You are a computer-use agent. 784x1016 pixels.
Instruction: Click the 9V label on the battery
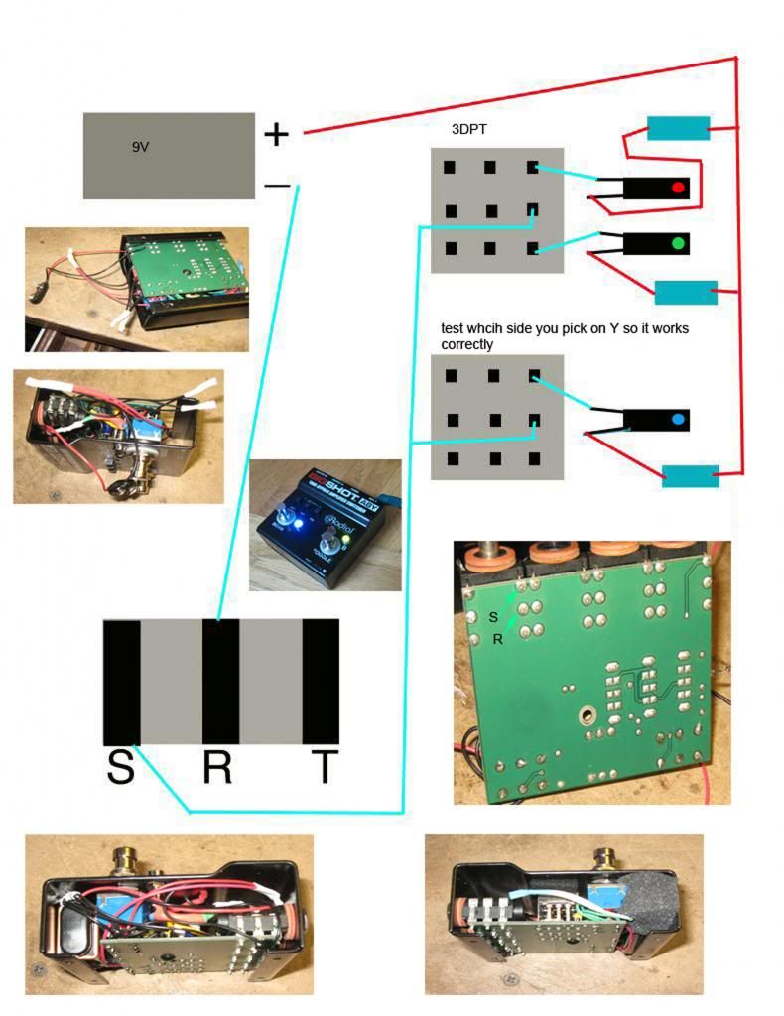pyautogui.click(x=140, y=147)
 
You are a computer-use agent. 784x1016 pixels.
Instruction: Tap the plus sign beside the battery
pyautogui.click(x=276, y=134)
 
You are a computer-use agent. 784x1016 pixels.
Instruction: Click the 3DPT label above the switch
pyautogui.click(x=468, y=129)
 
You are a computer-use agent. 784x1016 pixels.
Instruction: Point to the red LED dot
pyautogui.click(x=679, y=188)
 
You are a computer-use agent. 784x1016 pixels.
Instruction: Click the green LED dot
pyautogui.click(x=678, y=243)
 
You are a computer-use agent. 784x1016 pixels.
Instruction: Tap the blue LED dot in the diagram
pyautogui.click(x=678, y=421)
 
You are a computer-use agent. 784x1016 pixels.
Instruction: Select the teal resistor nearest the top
pyautogui.click(x=679, y=128)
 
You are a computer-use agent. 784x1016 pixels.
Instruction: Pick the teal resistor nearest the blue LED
pyautogui.click(x=691, y=476)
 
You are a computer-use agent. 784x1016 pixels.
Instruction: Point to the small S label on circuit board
pyautogui.click(x=493, y=617)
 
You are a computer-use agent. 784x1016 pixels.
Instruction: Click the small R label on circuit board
pyautogui.click(x=497, y=640)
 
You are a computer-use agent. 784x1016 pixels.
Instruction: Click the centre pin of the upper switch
pyautogui.click(x=490, y=210)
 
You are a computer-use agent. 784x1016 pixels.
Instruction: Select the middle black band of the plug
pyautogui.click(x=219, y=682)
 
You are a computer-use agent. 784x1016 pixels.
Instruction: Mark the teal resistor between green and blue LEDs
pyautogui.click(x=686, y=292)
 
